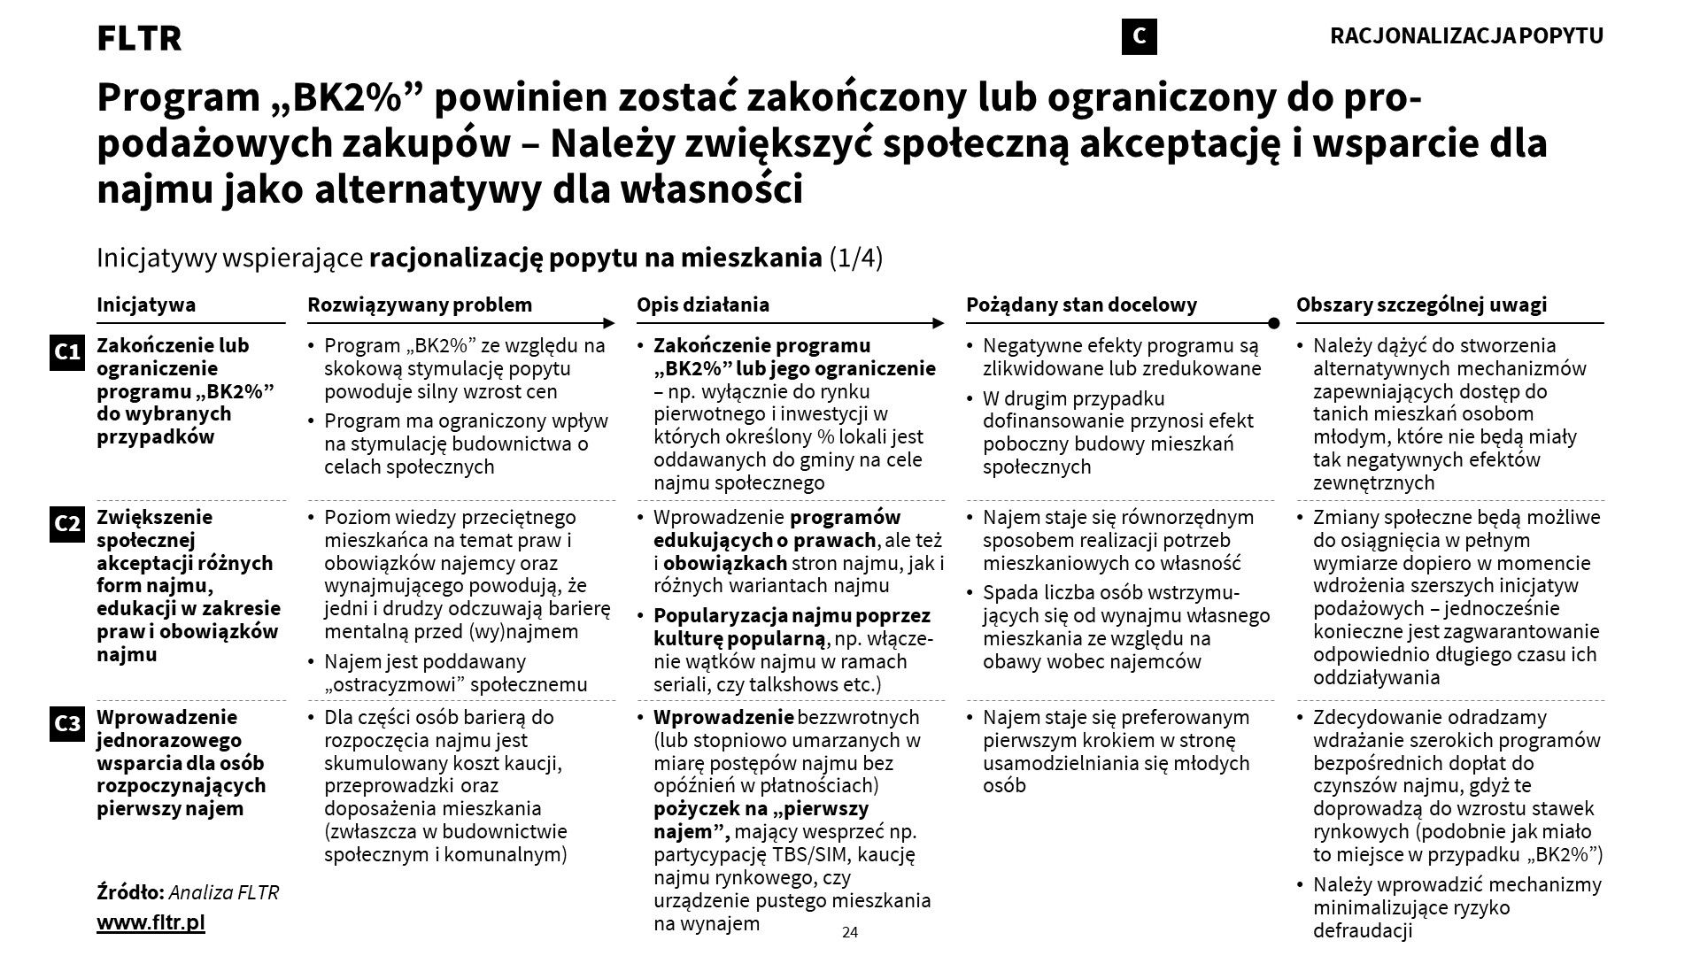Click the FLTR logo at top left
139,38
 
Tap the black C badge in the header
1139,36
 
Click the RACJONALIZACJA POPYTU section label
1466,36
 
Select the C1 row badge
67,352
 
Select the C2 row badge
67,524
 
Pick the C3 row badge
67,724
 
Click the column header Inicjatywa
146,305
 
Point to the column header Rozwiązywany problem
420,305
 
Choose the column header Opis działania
703,305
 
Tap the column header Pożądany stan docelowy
1081,305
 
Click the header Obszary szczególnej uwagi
1421,305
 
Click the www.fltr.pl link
151,922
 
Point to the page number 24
850,932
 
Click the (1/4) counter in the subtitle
855,258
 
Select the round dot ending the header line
1273,323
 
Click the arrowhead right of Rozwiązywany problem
609,323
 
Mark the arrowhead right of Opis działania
939,323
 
